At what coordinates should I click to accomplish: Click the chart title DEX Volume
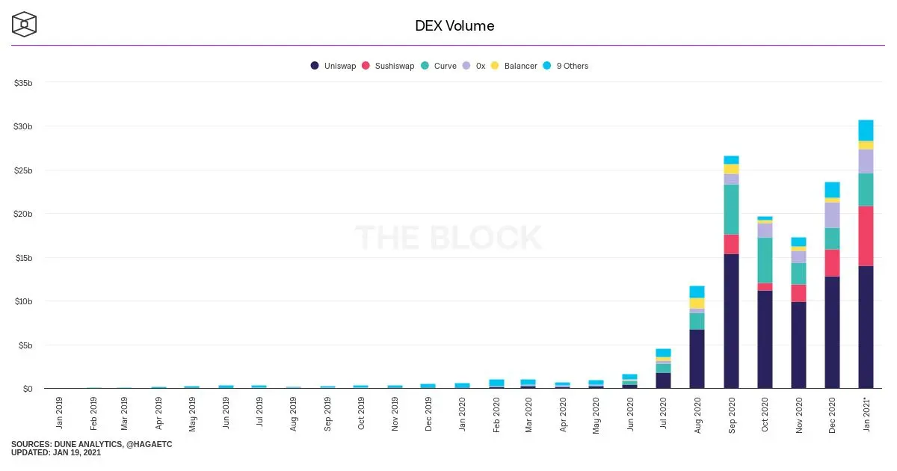pyautogui.click(x=454, y=26)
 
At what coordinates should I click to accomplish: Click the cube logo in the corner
pyautogui.click(x=24, y=24)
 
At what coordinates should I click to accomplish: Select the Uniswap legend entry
pyautogui.click(x=333, y=66)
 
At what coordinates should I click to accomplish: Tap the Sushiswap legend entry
pyautogui.click(x=388, y=66)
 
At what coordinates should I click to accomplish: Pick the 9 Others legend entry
pyautogui.click(x=565, y=66)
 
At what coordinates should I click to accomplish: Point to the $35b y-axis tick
pyautogui.click(x=23, y=83)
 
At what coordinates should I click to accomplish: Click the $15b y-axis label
pyautogui.click(x=24, y=258)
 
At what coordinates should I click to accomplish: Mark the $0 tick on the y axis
pyautogui.click(x=28, y=389)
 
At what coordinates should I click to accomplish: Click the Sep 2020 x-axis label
pyautogui.click(x=732, y=415)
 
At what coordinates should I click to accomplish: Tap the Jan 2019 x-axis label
pyautogui.click(x=59, y=413)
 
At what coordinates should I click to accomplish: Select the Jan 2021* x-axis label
pyautogui.click(x=866, y=414)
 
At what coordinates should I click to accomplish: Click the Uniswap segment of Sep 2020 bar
pyautogui.click(x=731, y=321)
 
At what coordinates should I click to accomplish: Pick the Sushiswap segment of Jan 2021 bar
pyautogui.click(x=866, y=236)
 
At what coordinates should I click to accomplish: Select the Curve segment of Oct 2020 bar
pyautogui.click(x=765, y=260)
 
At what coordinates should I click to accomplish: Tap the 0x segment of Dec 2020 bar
pyautogui.click(x=832, y=215)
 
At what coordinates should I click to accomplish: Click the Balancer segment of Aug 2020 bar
pyautogui.click(x=697, y=304)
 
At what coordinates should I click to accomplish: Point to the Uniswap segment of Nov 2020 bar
pyautogui.click(x=798, y=345)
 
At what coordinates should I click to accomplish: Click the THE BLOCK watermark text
pyautogui.click(x=448, y=238)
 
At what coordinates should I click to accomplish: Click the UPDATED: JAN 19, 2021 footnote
pyautogui.click(x=56, y=452)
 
